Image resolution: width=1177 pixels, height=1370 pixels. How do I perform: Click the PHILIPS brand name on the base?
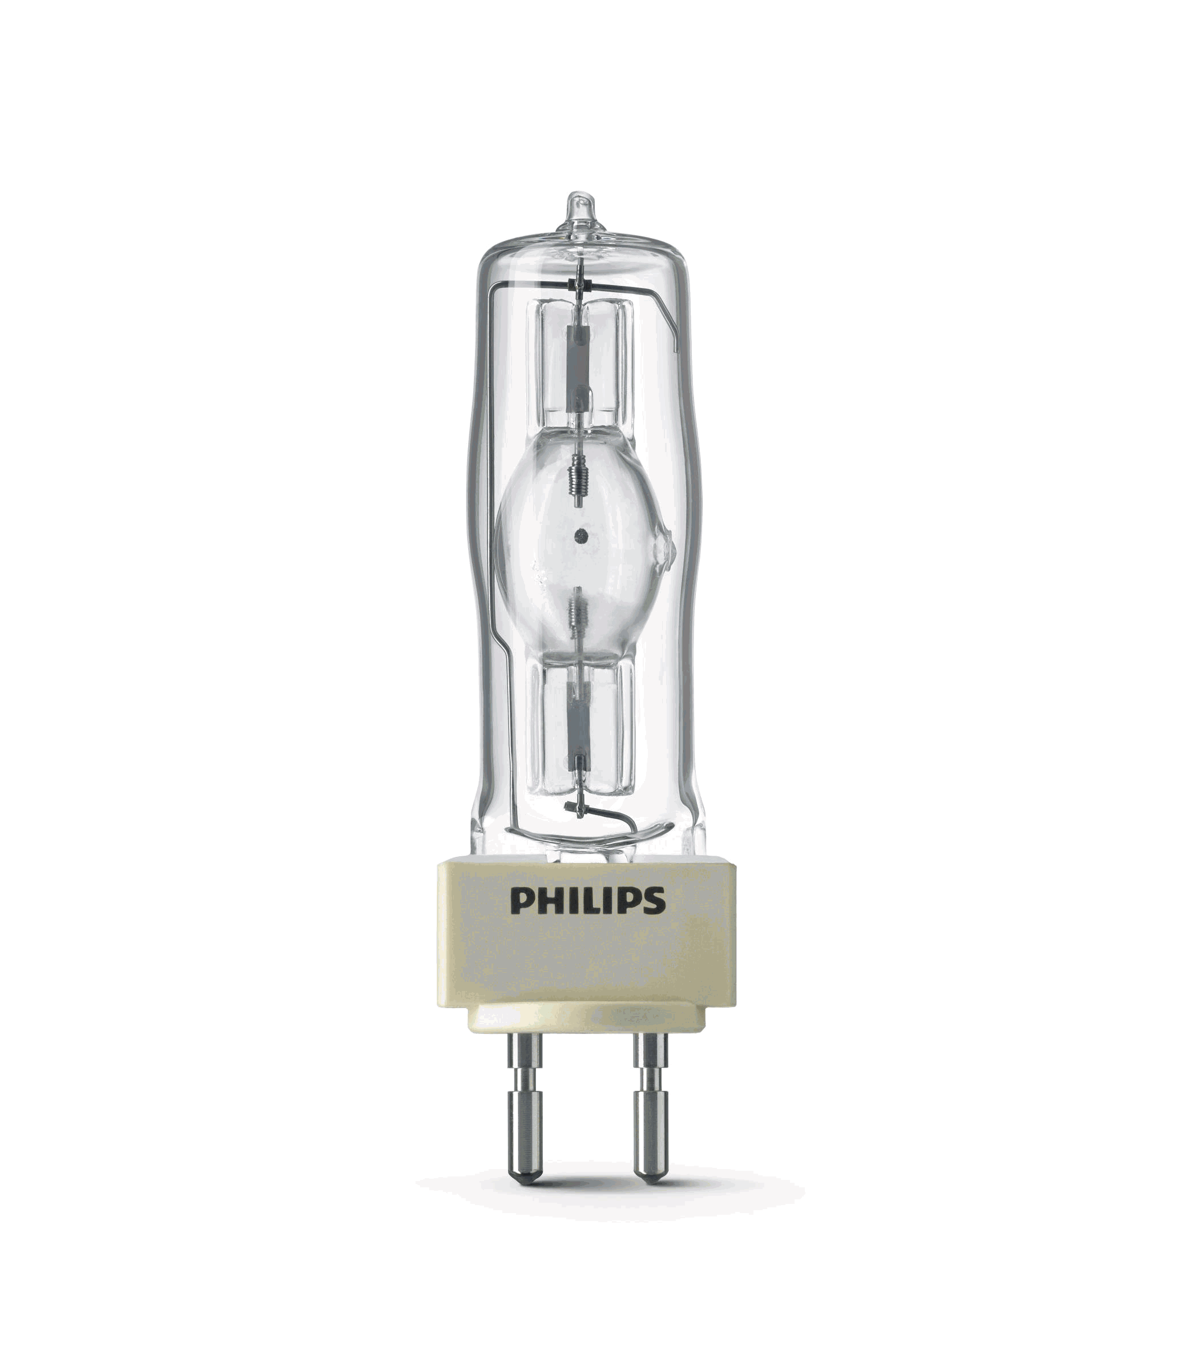click(x=587, y=901)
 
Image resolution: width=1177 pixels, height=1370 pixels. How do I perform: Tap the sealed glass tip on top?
click(x=580, y=210)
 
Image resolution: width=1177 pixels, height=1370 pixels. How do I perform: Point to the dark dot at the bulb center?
click(x=581, y=535)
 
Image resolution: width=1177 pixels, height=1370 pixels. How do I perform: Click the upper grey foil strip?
click(x=579, y=367)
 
